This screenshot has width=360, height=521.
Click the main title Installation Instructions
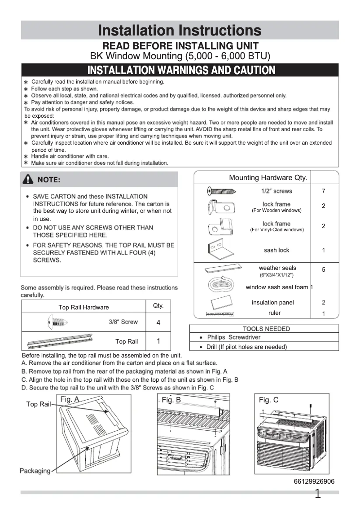point(180,30)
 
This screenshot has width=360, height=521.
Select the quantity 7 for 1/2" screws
point(323,191)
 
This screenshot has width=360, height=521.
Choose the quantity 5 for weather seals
point(323,270)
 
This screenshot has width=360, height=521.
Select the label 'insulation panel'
point(272,303)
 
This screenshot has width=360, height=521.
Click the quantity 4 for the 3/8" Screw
point(158,323)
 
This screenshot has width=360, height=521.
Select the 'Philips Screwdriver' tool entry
point(233,337)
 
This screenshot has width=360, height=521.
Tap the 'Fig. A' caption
point(70,399)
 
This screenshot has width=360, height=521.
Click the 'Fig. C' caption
point(268,400)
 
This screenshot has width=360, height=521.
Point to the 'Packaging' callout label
point(35,471)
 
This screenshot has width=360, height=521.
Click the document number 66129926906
point(314,481)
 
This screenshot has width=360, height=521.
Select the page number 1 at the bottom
point(318,495)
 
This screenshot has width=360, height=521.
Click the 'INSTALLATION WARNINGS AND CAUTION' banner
point(181,71)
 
